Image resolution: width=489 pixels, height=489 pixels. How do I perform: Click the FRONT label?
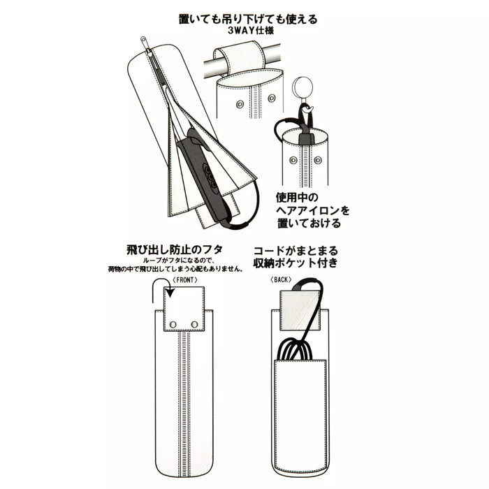184,280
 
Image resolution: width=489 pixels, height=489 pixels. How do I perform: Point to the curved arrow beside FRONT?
159,287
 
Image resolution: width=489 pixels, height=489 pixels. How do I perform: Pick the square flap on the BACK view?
294,312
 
